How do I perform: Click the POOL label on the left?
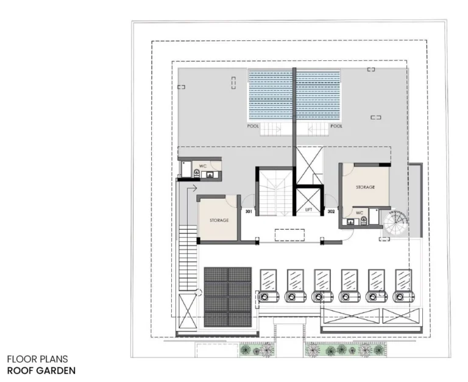point(253,127)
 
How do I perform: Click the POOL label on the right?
point(336,127)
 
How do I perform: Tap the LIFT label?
point(309,211)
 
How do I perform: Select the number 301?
point(249,211)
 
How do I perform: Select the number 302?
point(331,211)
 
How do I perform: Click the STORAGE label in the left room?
point(219,220)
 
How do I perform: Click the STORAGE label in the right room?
point(365,187)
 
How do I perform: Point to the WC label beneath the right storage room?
point(360,213)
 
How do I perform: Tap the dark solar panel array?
point(228,297)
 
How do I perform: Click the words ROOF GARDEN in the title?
point(41,370)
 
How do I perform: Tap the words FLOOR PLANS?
point(38,359)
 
